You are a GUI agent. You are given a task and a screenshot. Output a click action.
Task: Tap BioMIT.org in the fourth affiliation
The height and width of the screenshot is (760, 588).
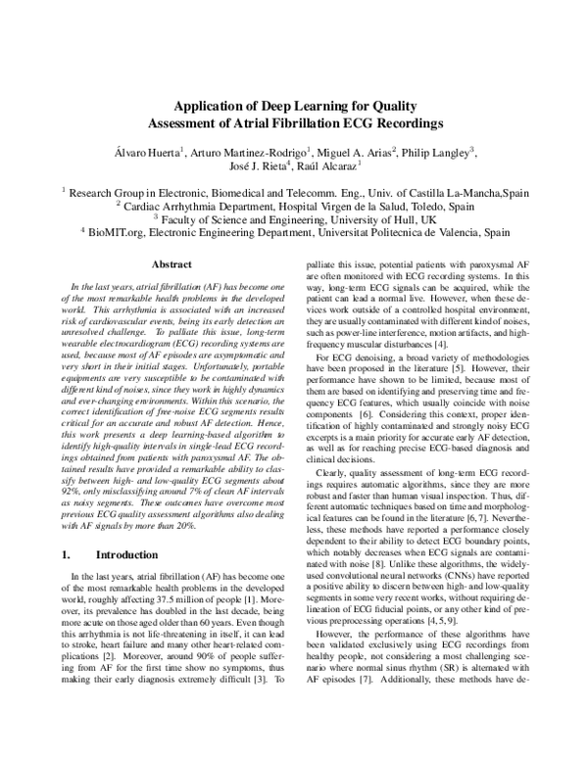[116, 235]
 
